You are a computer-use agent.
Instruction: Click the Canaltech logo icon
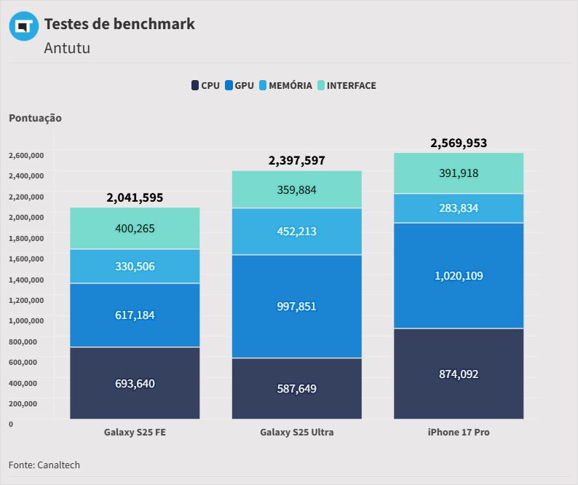[23, 26]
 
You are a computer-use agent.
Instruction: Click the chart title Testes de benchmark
[119, 23]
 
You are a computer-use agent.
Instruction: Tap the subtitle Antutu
[67, 48]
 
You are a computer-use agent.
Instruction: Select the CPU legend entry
[205, 85]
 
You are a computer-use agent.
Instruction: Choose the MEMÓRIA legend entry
[285, 85]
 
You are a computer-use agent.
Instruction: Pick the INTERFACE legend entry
[347, 85]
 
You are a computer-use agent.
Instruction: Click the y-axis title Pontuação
[36, 118]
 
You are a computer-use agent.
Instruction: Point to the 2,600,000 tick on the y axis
[27, 155]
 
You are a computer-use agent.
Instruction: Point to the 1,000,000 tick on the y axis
[27, 320]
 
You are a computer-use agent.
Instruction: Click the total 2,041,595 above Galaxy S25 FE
[135, 197]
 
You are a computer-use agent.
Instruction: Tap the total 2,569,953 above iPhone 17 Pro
[459, 143]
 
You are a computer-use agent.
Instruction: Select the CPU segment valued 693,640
[135, 383]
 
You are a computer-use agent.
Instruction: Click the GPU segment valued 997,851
[297, 306]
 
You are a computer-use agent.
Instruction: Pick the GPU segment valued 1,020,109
[459, 275]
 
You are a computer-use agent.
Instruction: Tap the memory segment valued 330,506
[135, 266]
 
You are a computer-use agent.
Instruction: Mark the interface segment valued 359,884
[297, 189]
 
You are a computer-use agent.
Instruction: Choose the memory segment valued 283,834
[459, 208]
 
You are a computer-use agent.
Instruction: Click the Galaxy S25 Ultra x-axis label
[297, 432]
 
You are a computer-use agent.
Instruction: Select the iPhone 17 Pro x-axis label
[459, 432]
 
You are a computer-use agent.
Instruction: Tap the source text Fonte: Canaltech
[44, 465]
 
